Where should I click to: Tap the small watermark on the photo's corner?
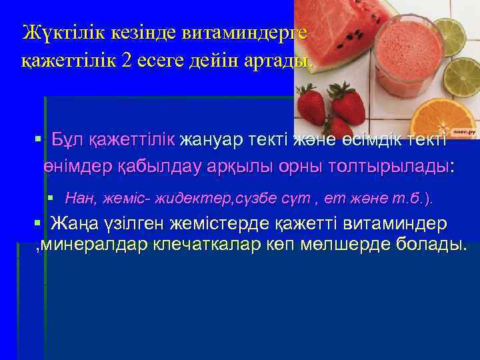pyautogui.click(x=465, y=134)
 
